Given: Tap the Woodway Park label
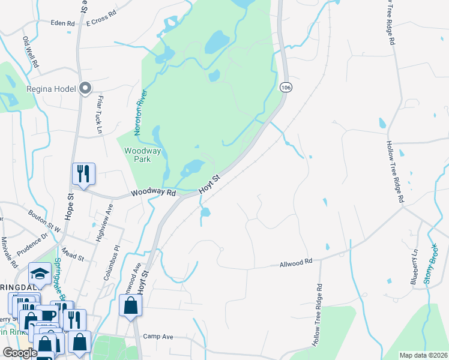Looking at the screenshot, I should coord(142,155).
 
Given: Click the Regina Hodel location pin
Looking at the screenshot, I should coord(85,89).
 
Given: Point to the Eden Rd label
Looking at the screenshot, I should coord(62,23).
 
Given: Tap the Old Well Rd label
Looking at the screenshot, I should coord(31,52).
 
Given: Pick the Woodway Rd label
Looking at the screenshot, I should coord(154,193).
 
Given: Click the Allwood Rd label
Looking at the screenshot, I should coord(297,262).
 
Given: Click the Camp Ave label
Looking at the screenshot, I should coord(158,337).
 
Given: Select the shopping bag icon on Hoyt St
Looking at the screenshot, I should coord(130,305).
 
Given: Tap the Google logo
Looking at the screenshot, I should coord(20,353).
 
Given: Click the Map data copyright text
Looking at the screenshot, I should coord(423,355).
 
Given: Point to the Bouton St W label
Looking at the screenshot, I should coord(45,221).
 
